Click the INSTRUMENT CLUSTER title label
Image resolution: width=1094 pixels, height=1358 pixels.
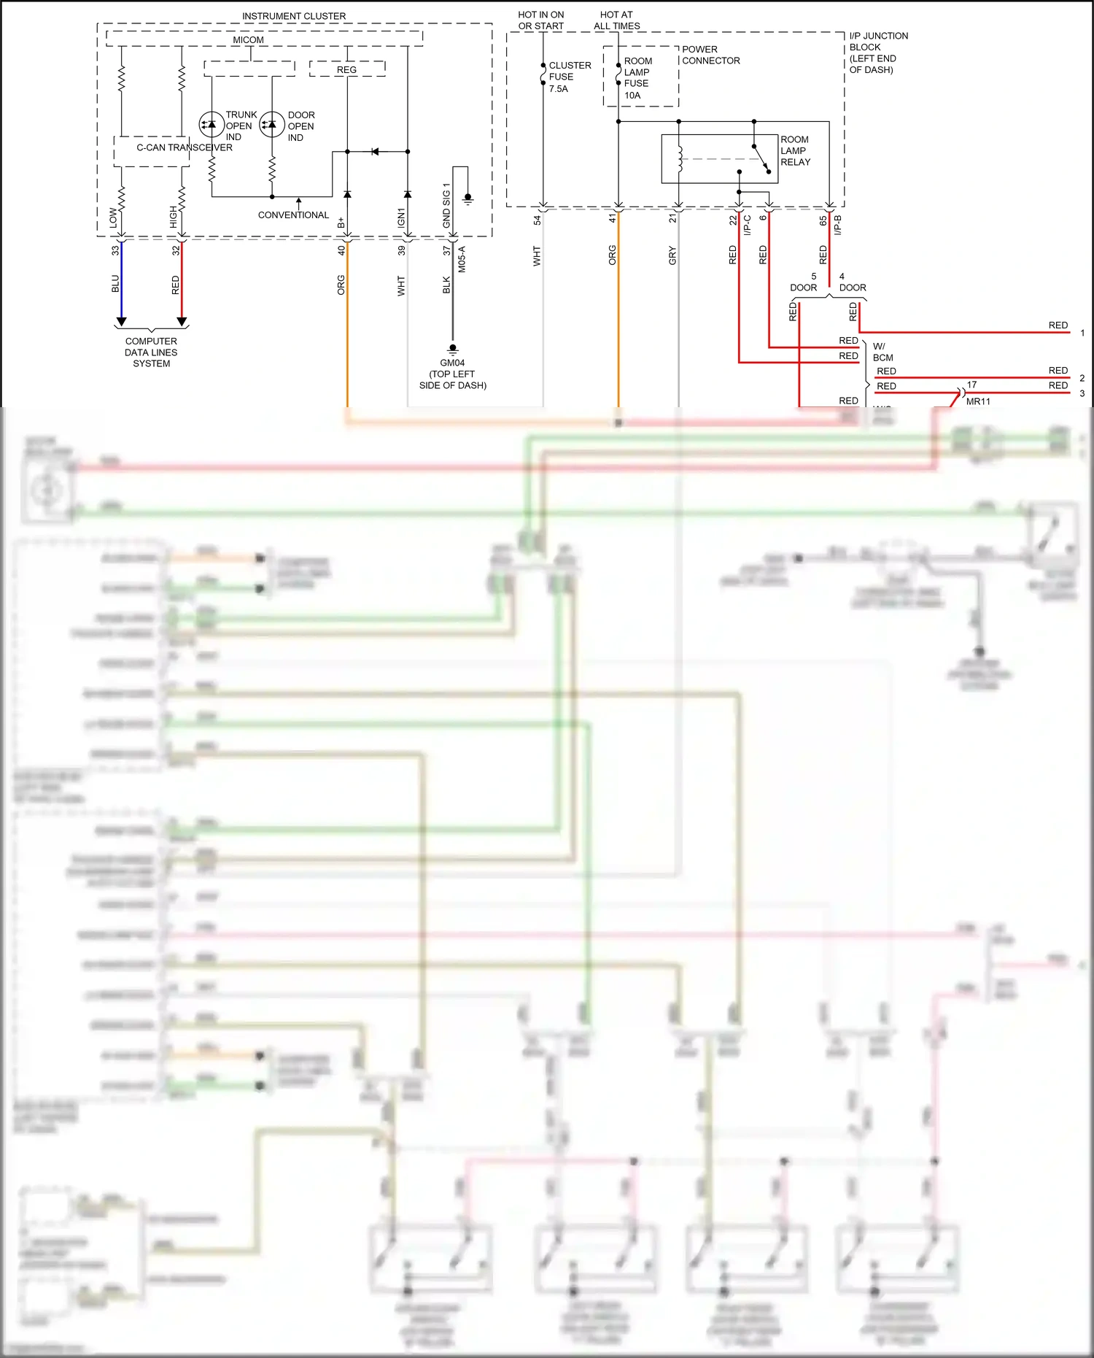coord(294,16)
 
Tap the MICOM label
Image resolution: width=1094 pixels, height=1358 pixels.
coord(248,40)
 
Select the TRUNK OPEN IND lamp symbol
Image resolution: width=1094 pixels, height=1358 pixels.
coord(212,124)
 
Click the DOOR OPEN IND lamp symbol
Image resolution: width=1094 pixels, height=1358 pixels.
coord(272,124)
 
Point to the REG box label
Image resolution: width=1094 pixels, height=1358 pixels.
coord(346,70)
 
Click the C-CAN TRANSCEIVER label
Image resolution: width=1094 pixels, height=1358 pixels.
coord(185,147)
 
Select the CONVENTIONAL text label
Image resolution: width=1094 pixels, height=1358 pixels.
coord(293,215)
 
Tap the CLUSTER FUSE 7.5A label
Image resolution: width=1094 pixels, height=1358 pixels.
coord(569,77)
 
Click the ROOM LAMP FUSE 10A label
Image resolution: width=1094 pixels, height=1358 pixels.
coord(637,78)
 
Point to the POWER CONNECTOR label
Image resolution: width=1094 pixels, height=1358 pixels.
coord(710,55)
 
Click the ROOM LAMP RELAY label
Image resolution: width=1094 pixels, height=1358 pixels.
coord(795,151)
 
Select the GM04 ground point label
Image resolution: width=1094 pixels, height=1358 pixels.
coord(452,363)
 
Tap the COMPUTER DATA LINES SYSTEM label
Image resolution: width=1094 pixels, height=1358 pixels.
coord(151,352)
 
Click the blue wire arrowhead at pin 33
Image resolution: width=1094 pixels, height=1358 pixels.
coord(122,322)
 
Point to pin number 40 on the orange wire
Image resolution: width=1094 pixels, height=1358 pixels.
coord(341,250)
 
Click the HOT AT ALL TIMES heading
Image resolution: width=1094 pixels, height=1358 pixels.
coord(616,20)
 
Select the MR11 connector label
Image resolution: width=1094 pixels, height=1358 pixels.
coord(978,402)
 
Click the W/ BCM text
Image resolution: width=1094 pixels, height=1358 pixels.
coord(882,352)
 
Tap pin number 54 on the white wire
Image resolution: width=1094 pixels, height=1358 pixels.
coord(537,220)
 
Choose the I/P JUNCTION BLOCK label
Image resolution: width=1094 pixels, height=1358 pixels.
coord(878,53)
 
